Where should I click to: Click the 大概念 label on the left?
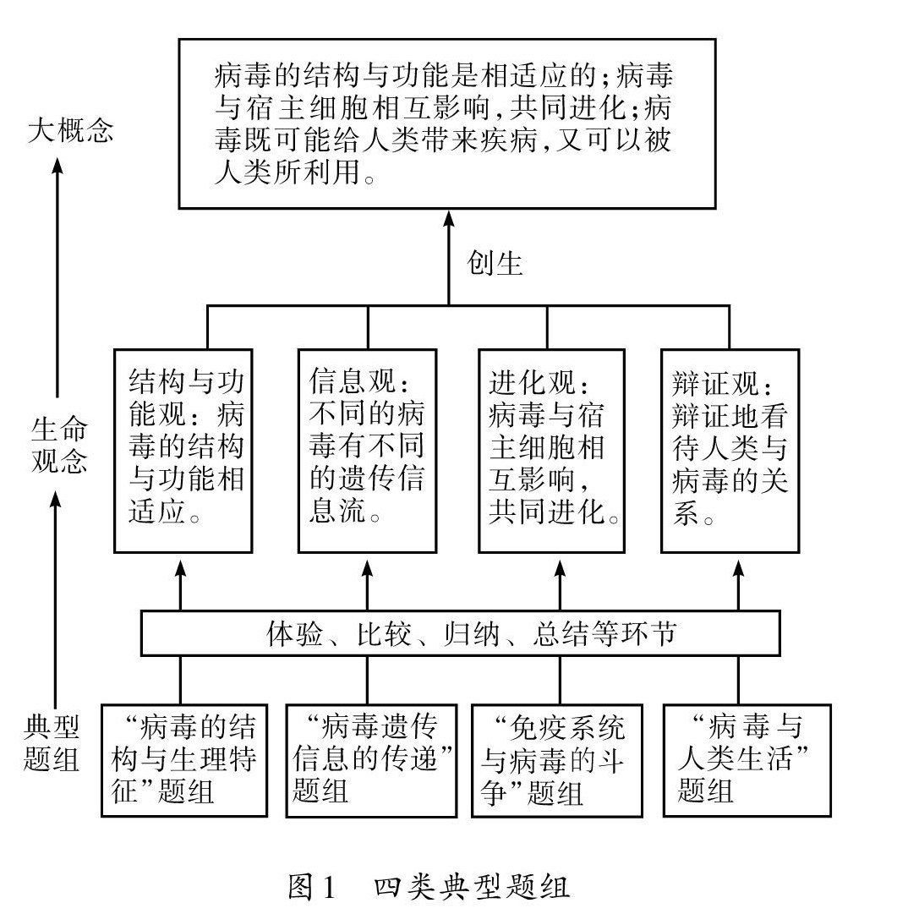(x=69, y=131)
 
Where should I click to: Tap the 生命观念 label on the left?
(x=58, y=446)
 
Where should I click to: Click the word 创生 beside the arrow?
(x=495, y=264)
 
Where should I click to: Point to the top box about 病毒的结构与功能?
(x=447, y=123)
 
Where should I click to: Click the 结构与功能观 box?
(x=183, y=451)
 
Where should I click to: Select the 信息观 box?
(x=368, y=451)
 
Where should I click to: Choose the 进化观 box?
(x=551, y=451)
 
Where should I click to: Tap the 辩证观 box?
(x=730, y=451)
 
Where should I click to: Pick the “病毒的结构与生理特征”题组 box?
(x=183, y=759)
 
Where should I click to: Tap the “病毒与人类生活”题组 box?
(x=746, y=759)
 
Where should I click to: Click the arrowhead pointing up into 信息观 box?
(x=367, y=566)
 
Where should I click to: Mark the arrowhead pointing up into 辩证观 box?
(x=739, y=566)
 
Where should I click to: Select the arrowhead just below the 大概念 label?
(x=57, y=166)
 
